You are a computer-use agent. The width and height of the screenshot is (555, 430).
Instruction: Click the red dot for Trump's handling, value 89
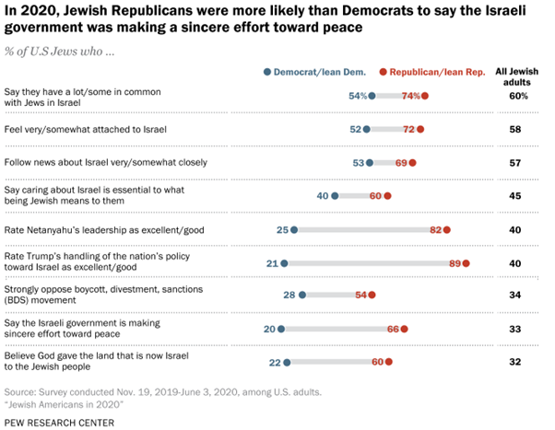click(466, 263)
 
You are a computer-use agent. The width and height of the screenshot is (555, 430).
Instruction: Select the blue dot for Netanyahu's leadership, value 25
click(294, 229)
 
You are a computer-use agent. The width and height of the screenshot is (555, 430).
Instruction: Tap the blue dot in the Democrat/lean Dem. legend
click(267, 71)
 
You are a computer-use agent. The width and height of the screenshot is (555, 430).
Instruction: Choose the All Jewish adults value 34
click(516, 296)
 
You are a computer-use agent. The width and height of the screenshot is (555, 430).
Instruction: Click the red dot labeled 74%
click(426, 96)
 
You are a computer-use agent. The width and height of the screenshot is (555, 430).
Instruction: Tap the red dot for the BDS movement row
click(372, 296)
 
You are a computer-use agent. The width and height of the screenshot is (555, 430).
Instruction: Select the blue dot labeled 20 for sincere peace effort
click(281, 329)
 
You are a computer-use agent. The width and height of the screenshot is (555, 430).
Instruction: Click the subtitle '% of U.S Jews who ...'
click(59, 48)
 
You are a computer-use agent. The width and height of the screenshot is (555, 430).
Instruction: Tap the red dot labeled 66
click(404, 329)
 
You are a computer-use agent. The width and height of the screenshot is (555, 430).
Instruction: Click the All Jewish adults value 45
click(516, 195)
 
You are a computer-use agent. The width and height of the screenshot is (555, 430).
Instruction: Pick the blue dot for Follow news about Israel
click(395, 162)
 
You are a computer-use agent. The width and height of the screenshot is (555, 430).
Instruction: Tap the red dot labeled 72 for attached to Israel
click(420, 129)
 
